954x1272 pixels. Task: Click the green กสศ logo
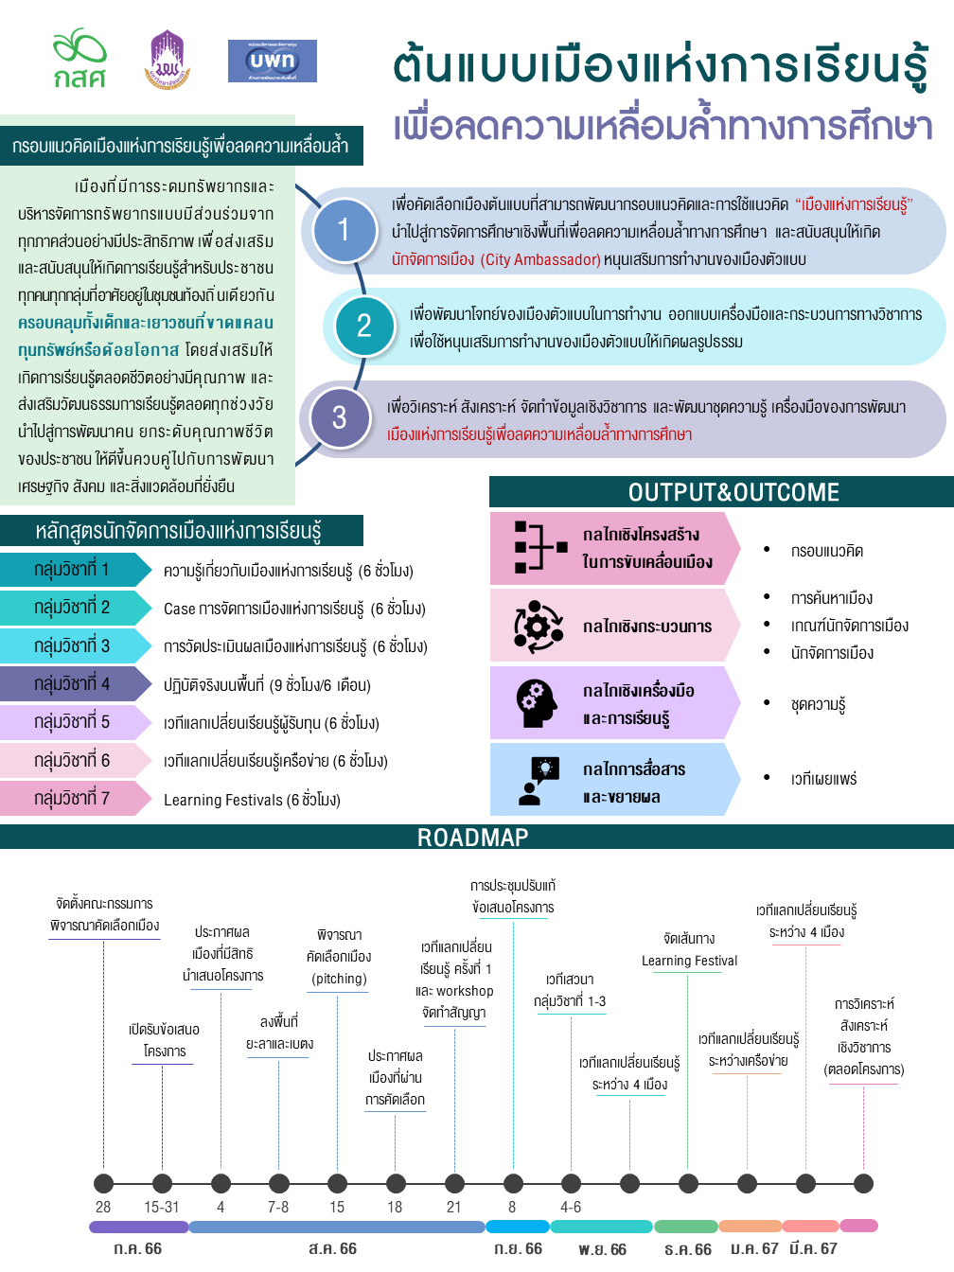(79, 58)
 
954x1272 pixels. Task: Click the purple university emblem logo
(168, 59)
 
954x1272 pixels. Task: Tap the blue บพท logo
(273, 61)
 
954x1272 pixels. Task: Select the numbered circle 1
(344, 229)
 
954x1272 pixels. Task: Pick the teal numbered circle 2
(364, 326)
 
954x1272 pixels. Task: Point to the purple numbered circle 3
(340, 417)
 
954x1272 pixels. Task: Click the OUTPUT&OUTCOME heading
(733, 492)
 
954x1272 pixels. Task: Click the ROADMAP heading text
(472, 838)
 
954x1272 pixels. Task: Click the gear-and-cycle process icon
(539, 626)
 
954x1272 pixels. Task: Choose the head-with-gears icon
(537, 703)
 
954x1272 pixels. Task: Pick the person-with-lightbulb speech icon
(539, 780)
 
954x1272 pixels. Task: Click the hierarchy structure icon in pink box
(540, 546)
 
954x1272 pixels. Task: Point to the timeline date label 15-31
(162, 1207)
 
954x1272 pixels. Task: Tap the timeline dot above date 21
(454, 1183)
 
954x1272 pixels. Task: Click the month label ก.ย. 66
(518, 1248)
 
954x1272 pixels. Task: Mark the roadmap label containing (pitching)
(338, 956)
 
